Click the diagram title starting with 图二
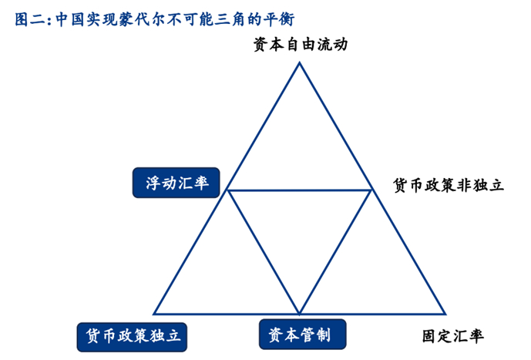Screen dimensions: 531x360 154,19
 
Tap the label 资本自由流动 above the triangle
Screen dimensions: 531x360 301,45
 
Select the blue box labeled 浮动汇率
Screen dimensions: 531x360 176,183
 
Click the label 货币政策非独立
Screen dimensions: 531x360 449,185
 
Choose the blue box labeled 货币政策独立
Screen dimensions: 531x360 132,337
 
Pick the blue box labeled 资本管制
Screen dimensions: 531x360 302,335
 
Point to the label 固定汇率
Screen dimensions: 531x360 452,336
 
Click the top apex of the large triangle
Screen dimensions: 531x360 299,62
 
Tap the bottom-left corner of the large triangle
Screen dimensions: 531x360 154,314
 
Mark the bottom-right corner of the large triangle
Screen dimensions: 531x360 445,314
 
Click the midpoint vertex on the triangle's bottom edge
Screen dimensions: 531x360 300,314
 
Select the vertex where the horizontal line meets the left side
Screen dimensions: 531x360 227,190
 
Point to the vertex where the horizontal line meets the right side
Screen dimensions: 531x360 371,190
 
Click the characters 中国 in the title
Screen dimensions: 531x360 70,19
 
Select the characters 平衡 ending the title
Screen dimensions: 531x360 279,19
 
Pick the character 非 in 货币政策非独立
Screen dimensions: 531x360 464,185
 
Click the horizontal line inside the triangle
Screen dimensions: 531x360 300,190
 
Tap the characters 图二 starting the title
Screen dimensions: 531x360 29,19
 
